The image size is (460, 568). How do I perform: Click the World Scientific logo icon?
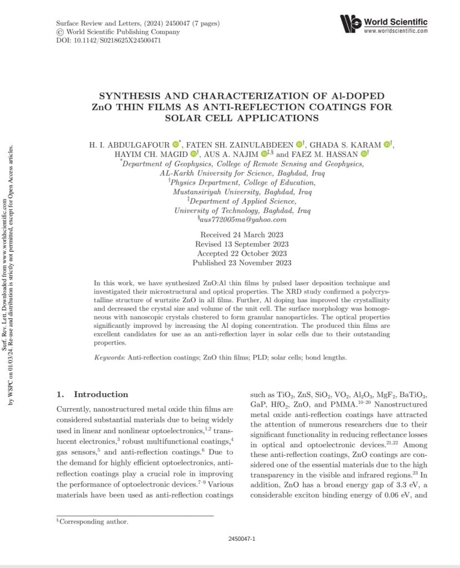click(x=350, y=24)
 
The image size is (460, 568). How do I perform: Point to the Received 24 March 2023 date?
click(x=242, y=235)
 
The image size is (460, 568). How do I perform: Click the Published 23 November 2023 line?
click(x=242, y=263)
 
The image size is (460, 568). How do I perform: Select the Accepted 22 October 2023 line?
click(x=242, y=253)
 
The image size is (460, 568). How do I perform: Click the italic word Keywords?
click(x=109, y=358)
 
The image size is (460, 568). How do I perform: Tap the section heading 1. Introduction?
click(x=93, y=395)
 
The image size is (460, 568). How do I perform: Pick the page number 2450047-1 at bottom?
click(x=242, y=539)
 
